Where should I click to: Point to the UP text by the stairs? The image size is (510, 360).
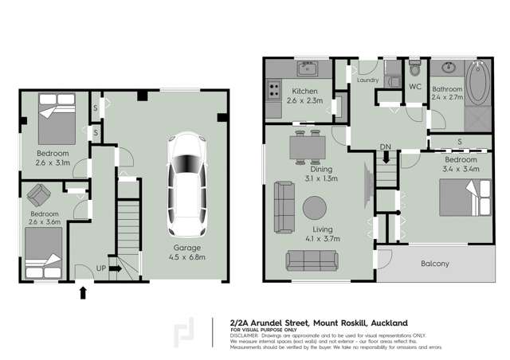(101, 268)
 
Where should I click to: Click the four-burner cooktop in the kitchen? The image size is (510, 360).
(273, 91)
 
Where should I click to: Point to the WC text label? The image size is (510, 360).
(414, 86)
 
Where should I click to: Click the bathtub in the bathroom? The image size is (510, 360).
(479, 84)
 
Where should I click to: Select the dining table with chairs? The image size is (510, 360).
(306, 147)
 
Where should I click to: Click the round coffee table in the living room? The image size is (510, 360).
(314, 209)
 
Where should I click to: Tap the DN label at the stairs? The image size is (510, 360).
(385, 147)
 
